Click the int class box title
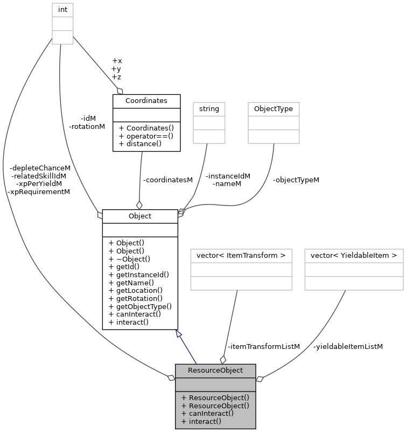pos(62,9)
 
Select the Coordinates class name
pos(146,101)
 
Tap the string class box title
pos(209,108)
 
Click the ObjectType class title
pos(273,108)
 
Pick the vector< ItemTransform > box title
pos(241,255)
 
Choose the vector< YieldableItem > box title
pos(354,255)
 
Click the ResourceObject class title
pos(215,371)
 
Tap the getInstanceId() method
pos(138,274)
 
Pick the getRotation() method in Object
pos(135,298)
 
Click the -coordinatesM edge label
pos(167,180)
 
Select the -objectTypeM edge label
pos(296,180)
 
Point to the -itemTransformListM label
pos(263,346)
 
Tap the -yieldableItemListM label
pos(348,346)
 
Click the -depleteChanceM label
pos(40,168)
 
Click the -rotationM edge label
pos(87,126)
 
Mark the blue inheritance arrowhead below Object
pos(179,334)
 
